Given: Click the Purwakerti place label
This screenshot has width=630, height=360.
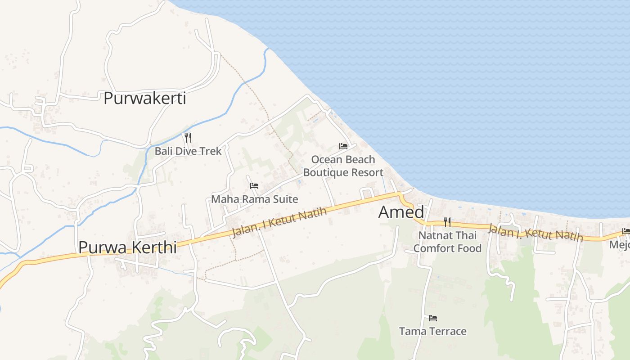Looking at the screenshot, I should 144,98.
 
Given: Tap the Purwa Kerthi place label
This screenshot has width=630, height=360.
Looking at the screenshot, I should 127,247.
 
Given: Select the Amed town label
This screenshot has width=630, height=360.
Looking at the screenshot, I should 401,212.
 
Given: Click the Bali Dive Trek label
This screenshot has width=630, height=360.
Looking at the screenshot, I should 188,151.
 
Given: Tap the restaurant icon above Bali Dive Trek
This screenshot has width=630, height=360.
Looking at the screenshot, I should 188,137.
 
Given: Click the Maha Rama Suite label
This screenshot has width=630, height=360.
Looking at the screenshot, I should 254,198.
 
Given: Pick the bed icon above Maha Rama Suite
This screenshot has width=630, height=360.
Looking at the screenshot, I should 254,185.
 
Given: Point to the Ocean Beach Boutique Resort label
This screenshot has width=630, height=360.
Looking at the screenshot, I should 343,166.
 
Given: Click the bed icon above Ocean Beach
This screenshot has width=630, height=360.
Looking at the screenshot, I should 343,146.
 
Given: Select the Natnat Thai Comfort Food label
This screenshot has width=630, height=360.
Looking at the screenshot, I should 447,242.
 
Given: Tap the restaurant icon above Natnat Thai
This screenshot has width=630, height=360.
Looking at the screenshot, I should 447,222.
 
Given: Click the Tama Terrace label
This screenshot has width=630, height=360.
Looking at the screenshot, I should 432,332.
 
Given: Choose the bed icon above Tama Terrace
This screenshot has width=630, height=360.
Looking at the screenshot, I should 433,318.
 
